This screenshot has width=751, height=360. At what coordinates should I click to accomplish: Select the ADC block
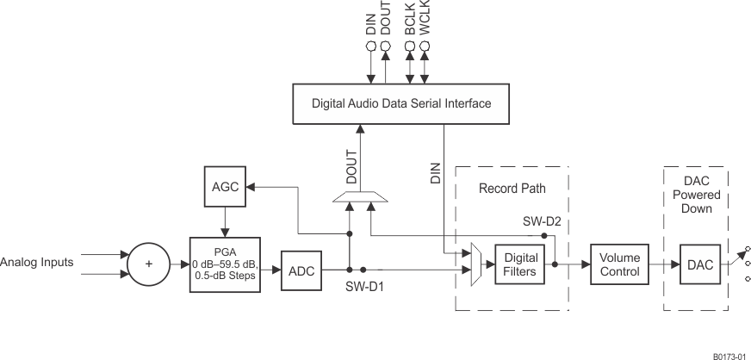point(301,271)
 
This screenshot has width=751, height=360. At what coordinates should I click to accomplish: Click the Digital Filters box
point(520,264)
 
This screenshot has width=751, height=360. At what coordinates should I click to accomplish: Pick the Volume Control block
point(619,264)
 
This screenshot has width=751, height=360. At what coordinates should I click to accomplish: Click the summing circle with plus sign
point(148,264)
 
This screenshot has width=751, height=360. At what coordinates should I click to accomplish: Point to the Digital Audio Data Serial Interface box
point(400,103)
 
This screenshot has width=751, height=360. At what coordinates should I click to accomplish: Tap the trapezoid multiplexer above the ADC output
point(360,200)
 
